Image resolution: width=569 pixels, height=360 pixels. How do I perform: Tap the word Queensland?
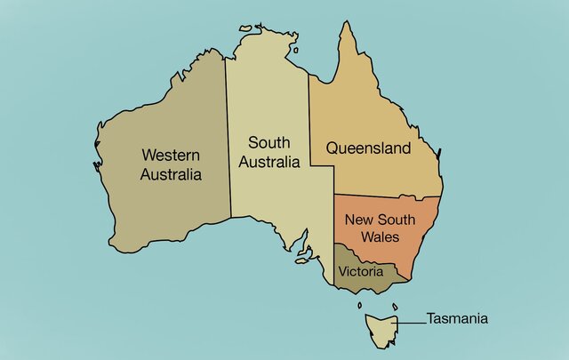click(x=368, y=148)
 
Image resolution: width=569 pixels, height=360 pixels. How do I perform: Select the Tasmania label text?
click(x=457, y=318)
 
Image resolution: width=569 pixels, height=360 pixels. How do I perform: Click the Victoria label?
click(x=361, y=270)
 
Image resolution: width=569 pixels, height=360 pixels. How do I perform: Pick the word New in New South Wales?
click(x=360, y=219)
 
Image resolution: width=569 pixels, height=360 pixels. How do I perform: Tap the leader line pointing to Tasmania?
click(x=411, y=320)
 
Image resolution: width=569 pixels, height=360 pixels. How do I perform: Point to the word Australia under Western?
click(x=172, y=174)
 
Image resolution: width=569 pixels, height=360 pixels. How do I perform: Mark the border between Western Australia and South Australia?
click(x=228, y=133)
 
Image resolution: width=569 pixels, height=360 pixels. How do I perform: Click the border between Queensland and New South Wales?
click(x=387, y=195)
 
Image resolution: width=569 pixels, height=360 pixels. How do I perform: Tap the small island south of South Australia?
click(x=303, y=259)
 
